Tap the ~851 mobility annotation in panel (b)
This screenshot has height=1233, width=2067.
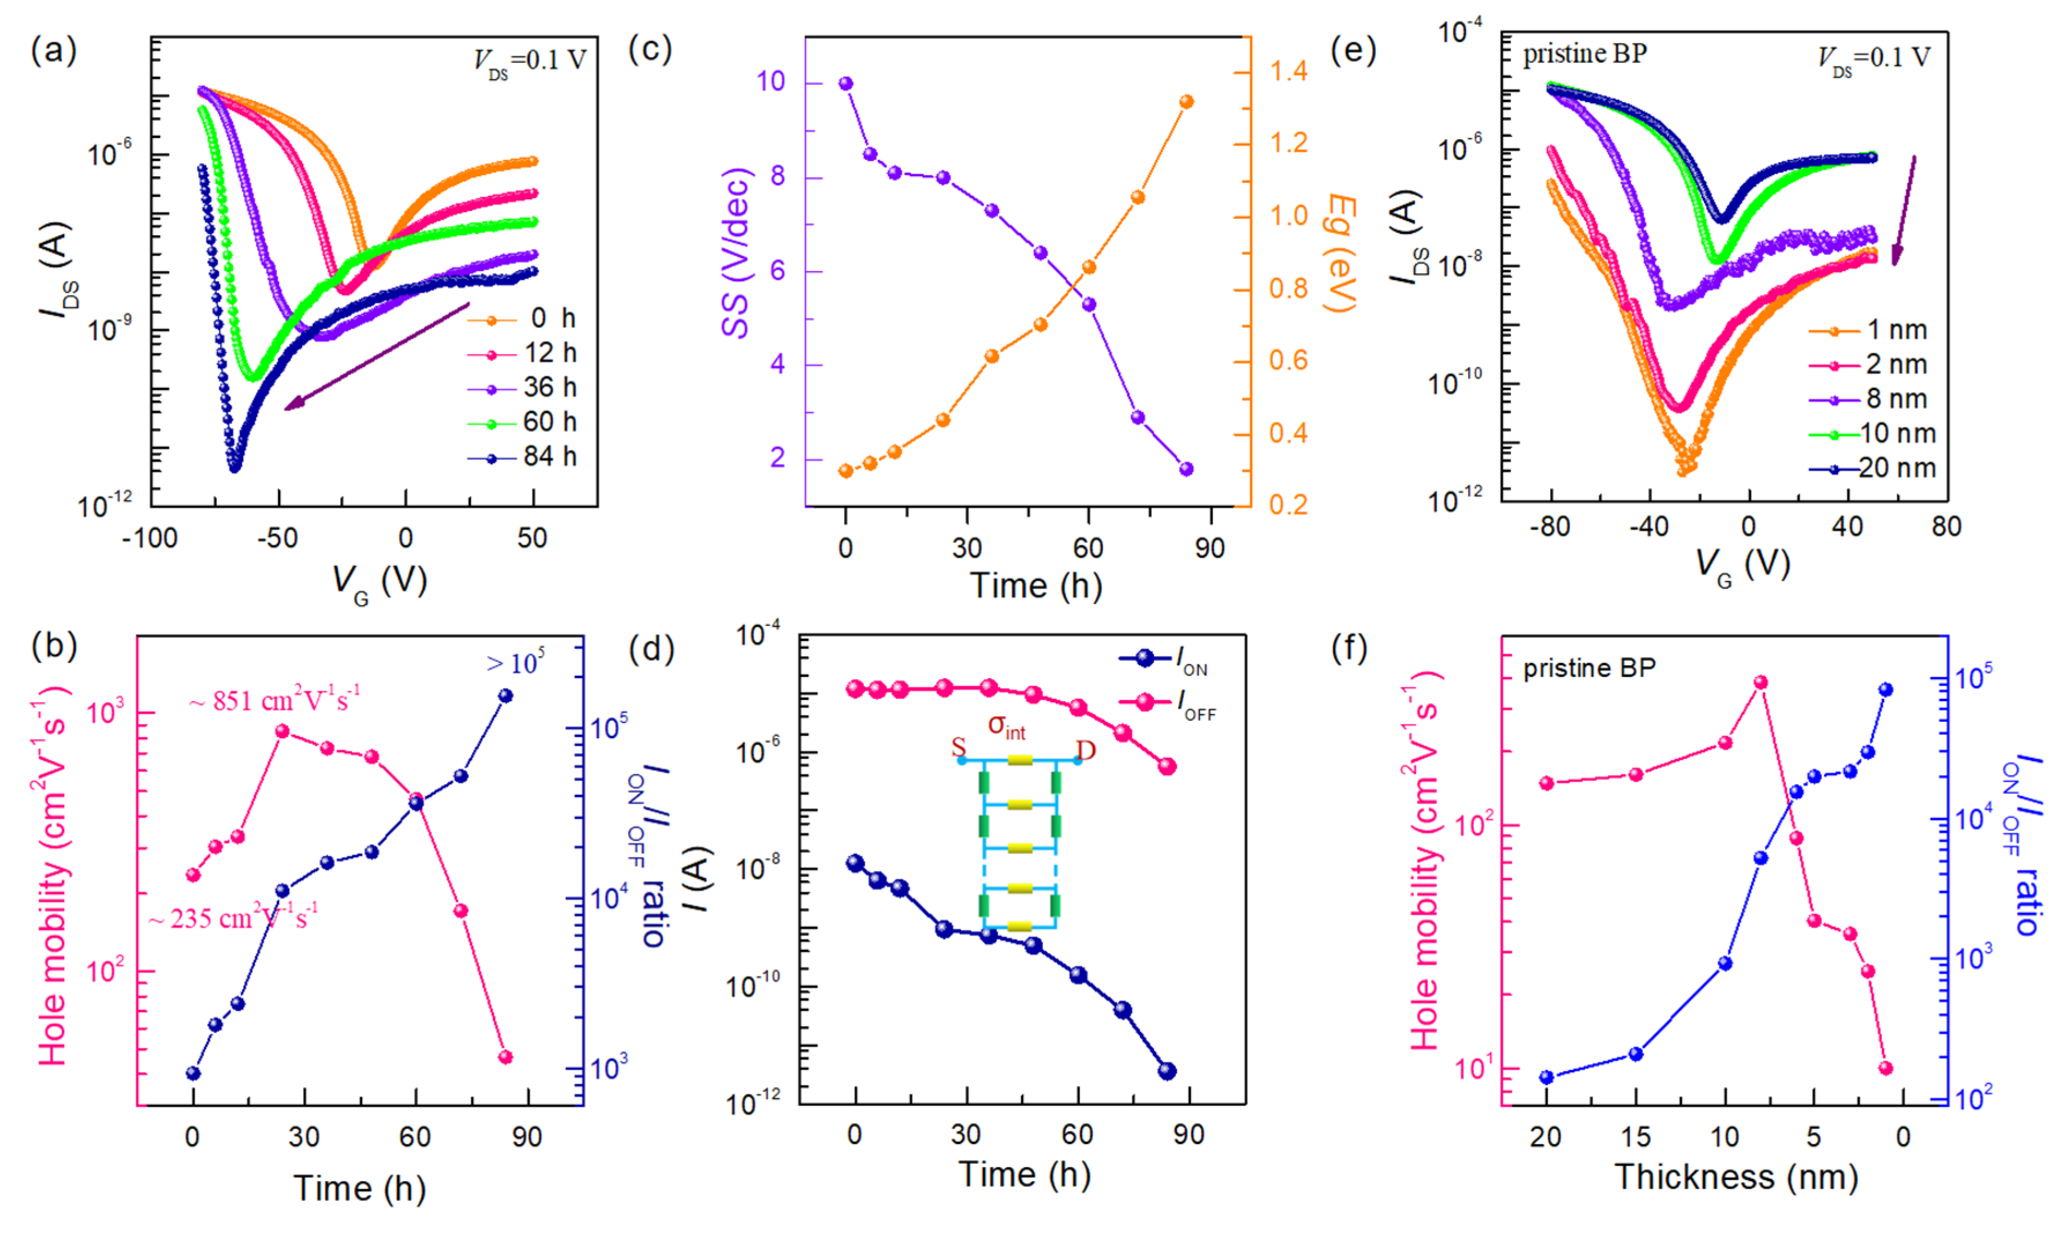(x=274, y=701)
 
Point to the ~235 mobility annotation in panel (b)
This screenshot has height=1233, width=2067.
(x=233, y=918)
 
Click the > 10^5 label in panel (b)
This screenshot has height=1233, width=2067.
(x=515, y=663)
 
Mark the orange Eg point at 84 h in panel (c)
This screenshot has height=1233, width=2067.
(x=1186, y=102)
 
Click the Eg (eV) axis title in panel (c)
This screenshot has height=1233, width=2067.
(x=1340, y=252)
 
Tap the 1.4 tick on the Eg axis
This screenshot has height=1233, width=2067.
(x=1288, y=72)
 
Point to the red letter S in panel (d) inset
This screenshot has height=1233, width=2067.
(x=959, y=748)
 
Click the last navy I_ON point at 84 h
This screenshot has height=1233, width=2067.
(x=1167, y=1071)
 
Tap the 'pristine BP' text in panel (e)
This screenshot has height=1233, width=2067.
(x=1584, y=54)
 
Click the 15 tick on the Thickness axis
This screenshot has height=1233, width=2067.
(x=1636, y=1136)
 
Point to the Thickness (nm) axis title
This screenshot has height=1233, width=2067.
(x=1735, y=1178)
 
